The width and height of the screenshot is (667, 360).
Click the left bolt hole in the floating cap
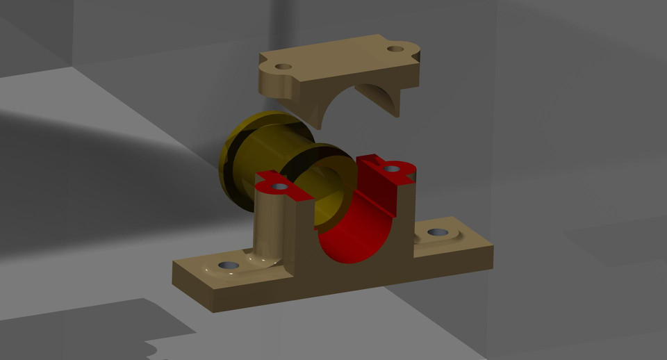click(x=283, y=67)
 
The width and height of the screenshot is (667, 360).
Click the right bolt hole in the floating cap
click(x=395, y=49)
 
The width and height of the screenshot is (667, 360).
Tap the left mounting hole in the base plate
click(x=227, y=265)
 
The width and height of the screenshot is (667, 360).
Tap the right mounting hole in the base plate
click(x=436, y=232)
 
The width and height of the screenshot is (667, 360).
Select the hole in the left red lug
click(x=279, y=186)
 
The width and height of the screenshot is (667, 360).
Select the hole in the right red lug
click(x=391, y=168)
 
